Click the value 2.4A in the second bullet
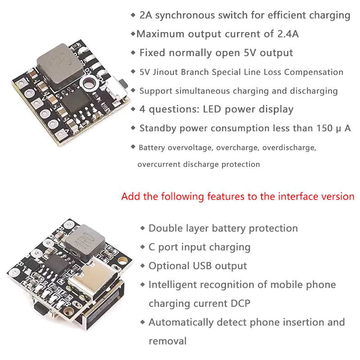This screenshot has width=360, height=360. (288, 34)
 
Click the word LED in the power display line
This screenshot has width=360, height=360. (212, 109)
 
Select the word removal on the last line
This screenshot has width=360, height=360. (167, 341)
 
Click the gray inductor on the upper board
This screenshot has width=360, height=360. (60, 67)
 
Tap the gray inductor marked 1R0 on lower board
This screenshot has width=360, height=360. (85, 241)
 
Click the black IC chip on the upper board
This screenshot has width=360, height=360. (76, 101)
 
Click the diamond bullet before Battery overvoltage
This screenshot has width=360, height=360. (133, 147)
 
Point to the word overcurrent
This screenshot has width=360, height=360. (159, 165)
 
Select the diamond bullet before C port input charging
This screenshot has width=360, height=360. (143, 247)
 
